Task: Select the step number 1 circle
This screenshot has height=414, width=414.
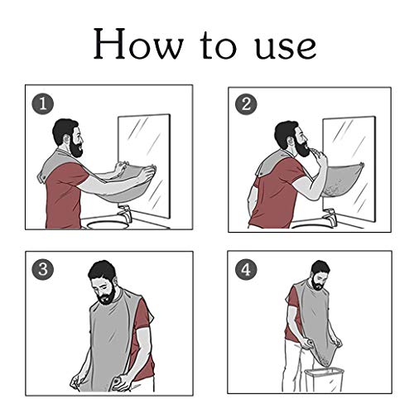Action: tap(41, 103)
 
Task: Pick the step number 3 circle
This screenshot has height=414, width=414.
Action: tap(41, 270)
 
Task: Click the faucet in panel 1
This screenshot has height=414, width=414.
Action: tap(124, 214)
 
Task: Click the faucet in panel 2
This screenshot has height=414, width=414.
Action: tap(329, 216)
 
